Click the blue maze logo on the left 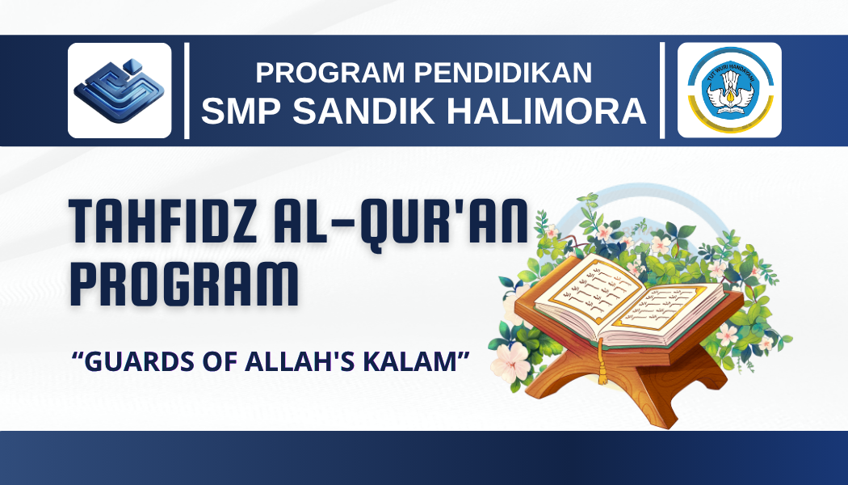coord(120,91)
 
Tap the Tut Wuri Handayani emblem coord(729,91)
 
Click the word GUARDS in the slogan coord(128,362)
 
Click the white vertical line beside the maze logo coord(187,91)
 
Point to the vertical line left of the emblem coord(662,91)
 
